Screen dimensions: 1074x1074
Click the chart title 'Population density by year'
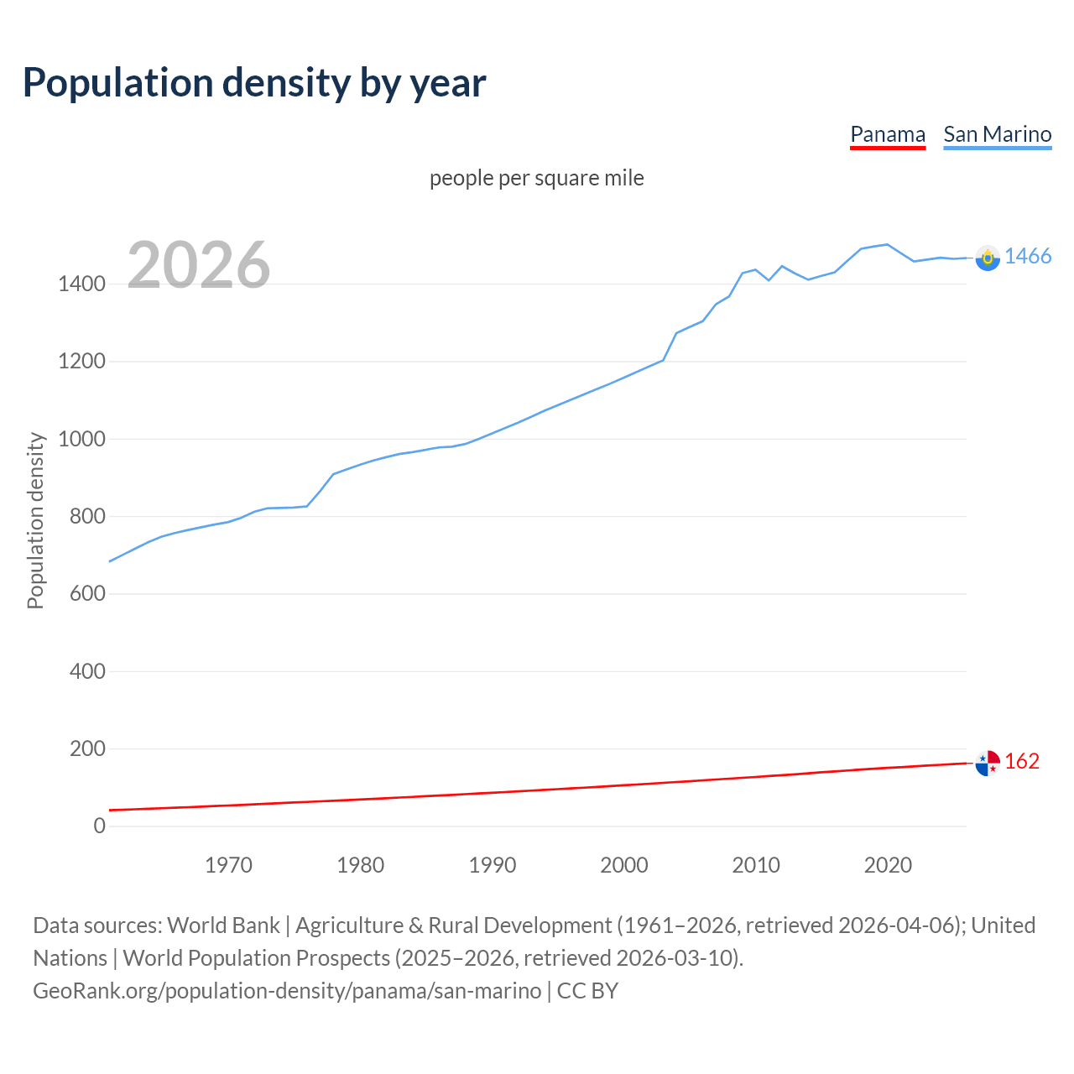(x=254, y=83)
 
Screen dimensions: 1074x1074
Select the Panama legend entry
(x=887, y=134)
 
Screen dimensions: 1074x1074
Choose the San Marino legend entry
(x=997, y=134)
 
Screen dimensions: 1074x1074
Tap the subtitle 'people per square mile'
(x=536, y=178)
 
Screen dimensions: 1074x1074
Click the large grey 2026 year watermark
(x=199, y=265)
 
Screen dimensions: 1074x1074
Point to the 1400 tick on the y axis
(x=81, y=284)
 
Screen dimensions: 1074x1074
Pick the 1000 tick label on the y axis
(x=81, y=439)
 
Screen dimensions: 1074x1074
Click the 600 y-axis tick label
(x=87, y=594)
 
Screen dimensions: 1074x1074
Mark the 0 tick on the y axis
(x=100, y=826)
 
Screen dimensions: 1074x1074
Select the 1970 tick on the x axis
(x=228, y=865)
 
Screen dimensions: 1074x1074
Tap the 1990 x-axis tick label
(x=493, y=865)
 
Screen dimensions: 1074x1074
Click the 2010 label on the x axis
(x=756, y=865)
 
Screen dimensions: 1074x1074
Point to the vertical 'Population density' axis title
(x=35, y=520)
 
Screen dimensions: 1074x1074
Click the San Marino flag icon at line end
(x=988, y=258)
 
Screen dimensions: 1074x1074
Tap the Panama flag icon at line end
(x=988, y=763)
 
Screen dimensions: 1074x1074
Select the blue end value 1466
(x=1028, y=257)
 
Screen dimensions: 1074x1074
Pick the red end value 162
(x=1022, y=761)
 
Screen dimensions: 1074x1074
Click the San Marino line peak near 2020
(x=887, y=244)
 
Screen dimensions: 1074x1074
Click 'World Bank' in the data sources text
(x=223, y=925)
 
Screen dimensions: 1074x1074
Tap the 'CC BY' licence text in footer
(x=587, y=991)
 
